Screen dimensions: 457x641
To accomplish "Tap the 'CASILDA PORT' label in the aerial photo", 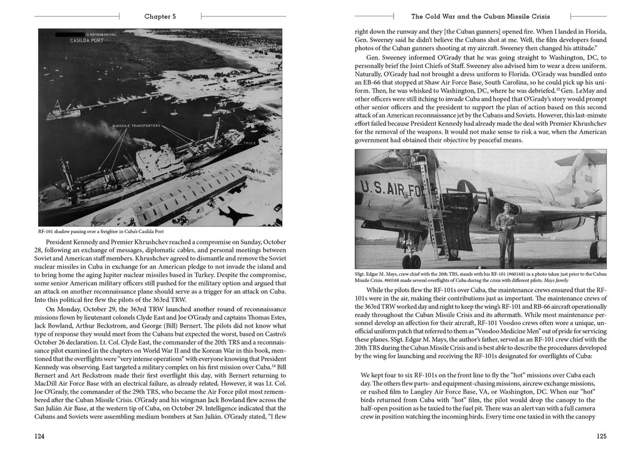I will pos(71,39).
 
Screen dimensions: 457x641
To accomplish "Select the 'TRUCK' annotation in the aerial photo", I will pos(250,143).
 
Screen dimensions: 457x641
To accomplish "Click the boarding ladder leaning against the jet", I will pos(433,206).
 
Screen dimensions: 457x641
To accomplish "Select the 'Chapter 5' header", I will pos(160,16).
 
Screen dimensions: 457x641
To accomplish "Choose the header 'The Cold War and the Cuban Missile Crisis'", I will pos(480,16).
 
